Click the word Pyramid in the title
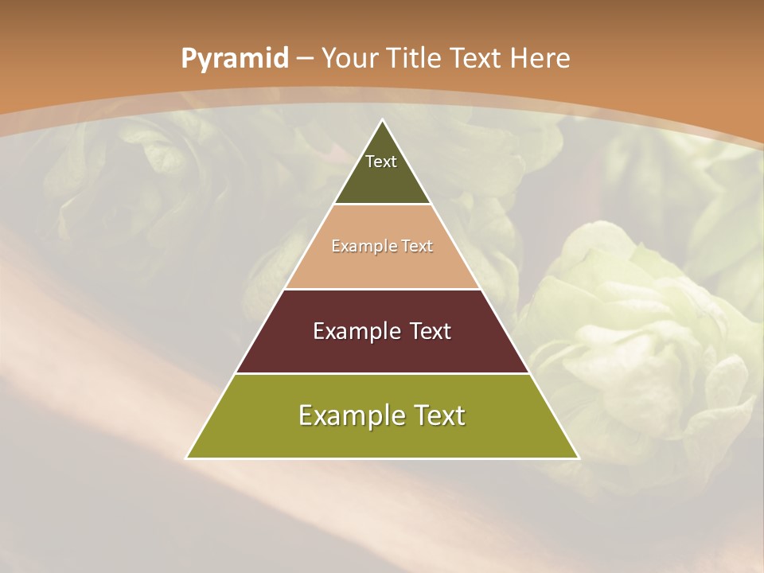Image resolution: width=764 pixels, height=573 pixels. (x=234, y=59)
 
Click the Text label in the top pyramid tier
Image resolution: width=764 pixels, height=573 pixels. (x=381, y=162)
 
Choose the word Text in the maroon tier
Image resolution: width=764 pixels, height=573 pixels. (x=431, y=331)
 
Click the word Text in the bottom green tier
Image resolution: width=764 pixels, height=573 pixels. (x=438, y=415)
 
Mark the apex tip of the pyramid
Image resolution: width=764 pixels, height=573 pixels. (x=382, y=120)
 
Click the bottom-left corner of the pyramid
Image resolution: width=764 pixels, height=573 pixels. (x=187, y=458)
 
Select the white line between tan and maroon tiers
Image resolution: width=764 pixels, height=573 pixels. (x=382, y=289)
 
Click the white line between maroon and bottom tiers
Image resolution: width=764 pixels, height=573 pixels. (x=382, y=373)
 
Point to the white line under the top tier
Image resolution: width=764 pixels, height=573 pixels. (x=382, y=204)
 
